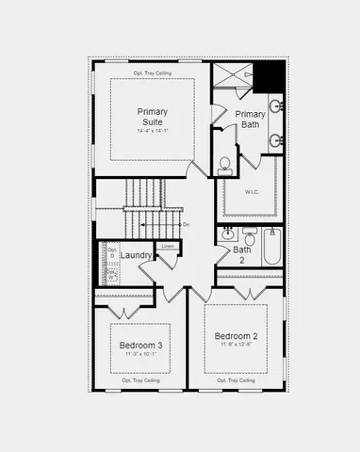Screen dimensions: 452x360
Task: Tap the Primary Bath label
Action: (x=244, y=119)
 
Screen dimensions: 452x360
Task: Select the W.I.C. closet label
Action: (x=252, y=192)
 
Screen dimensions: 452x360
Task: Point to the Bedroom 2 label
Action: (x=236, y=337)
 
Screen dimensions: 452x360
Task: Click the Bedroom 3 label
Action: (x=141, y=346)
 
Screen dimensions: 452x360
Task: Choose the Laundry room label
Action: (x=137, y=254)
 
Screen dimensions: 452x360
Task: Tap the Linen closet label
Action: (x=168, y=247)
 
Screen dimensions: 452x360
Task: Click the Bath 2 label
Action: (x=242, y=254)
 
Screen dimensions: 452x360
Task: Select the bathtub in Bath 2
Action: (x=271, y=245)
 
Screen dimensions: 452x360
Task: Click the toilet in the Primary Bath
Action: (x=225, y=166)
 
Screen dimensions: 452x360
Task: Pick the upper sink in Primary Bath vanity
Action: (x=275, y=106)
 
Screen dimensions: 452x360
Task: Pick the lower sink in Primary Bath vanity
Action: (x=275, y=141)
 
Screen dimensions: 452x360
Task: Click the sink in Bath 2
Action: (x=227, y=233)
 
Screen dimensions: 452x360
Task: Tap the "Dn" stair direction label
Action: (x=186, y=224)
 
